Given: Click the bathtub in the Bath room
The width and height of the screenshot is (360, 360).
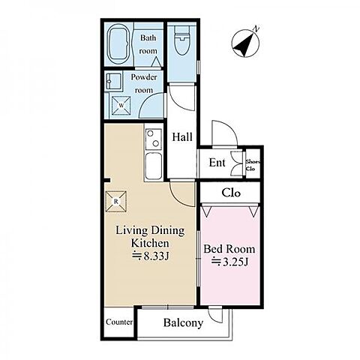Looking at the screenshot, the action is [119, 44].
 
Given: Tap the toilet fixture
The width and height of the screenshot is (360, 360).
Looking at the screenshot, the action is [181, 40].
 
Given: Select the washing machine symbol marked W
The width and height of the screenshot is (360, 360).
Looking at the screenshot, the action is [121, 105].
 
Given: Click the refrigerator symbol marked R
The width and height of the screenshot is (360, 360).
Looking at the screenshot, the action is [115, 202].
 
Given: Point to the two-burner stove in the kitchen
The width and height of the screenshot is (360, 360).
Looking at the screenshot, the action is [153, 139].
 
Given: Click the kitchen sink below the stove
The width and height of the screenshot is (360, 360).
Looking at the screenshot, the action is [153, 166].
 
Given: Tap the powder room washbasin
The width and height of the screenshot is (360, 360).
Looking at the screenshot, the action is [114, 80].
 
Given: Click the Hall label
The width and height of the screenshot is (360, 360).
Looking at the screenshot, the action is [182, 137].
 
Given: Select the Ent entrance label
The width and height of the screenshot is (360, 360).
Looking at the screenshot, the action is [217, 163].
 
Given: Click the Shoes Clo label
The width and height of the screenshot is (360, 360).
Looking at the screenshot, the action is [253, 165].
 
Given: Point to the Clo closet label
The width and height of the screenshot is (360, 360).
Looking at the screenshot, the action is [231, 193].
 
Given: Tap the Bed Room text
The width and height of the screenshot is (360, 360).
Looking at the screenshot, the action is [229, 249].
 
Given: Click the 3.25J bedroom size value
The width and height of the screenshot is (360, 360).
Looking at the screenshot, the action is [230, 262].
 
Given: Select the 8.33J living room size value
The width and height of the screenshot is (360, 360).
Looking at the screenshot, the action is [151, 256].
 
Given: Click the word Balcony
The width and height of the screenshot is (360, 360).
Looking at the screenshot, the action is [183, 322].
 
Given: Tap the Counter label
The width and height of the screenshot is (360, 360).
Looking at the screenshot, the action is [119, 322].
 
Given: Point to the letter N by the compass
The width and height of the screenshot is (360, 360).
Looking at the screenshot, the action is [256, 28].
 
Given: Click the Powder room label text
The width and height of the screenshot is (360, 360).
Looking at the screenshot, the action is [144, 83].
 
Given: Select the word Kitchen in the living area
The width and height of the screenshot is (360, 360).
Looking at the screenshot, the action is [150, 243].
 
